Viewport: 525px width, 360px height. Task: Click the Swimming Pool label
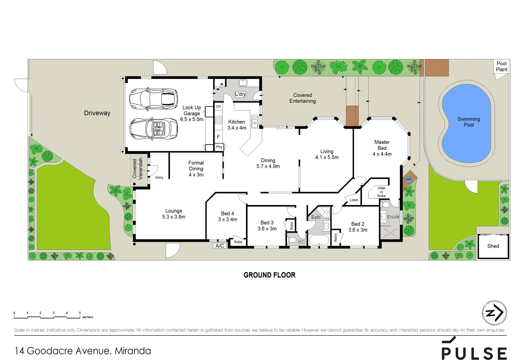click(468, 122)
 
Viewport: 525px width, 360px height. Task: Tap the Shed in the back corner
click(493, 246)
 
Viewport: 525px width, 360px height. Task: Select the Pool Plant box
click(501, 67)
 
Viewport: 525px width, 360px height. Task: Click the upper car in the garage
click(153, 99)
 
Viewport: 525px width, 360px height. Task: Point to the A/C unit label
click(220, 246)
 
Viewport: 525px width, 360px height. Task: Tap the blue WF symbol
click(408, 180)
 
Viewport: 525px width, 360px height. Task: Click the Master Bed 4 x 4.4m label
click(382, 148)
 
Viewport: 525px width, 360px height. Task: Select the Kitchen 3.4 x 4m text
click(237, 125)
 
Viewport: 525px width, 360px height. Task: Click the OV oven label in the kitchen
click(218, 107)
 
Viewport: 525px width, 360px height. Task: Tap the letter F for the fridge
click(218, 137)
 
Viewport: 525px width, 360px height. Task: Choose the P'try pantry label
click(219, 147)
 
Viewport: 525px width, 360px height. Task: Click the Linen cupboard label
click(354, 200)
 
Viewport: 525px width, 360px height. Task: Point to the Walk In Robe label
click(381, 192)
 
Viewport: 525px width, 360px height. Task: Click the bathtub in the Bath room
click(319, 240)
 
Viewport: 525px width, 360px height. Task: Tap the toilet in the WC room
click(292, 240)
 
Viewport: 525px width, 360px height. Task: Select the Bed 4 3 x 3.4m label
click(228, 216)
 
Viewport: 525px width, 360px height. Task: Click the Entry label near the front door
click(159, 178)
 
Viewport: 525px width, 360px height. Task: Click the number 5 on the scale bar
click(80, 313)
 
